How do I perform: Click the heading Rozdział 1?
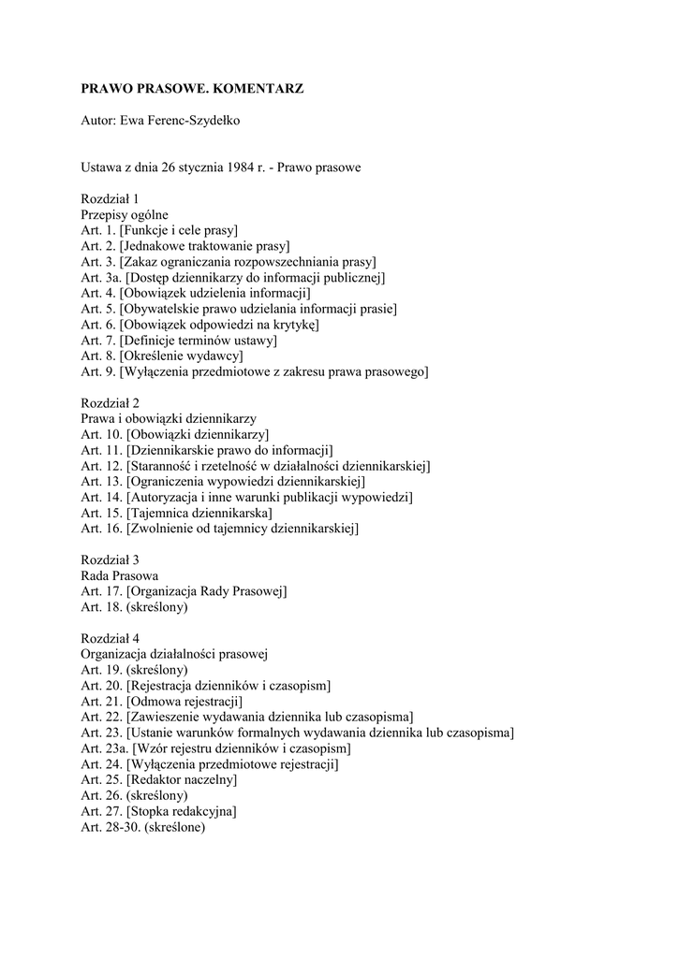tap(110, 198)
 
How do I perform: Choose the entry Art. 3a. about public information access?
tap(233, 277)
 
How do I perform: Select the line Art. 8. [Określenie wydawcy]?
tap(162, 356)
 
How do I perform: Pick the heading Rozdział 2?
tap(110, 403)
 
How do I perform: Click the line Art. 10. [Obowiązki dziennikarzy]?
tap(175, 435)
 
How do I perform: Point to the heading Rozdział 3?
tap(110, 560)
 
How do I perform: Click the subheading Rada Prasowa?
tap(119, 576)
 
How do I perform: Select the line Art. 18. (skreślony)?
tap(135, 608)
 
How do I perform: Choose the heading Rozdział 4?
tap(110, 639)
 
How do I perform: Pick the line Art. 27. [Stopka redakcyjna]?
tap(158, 812)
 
